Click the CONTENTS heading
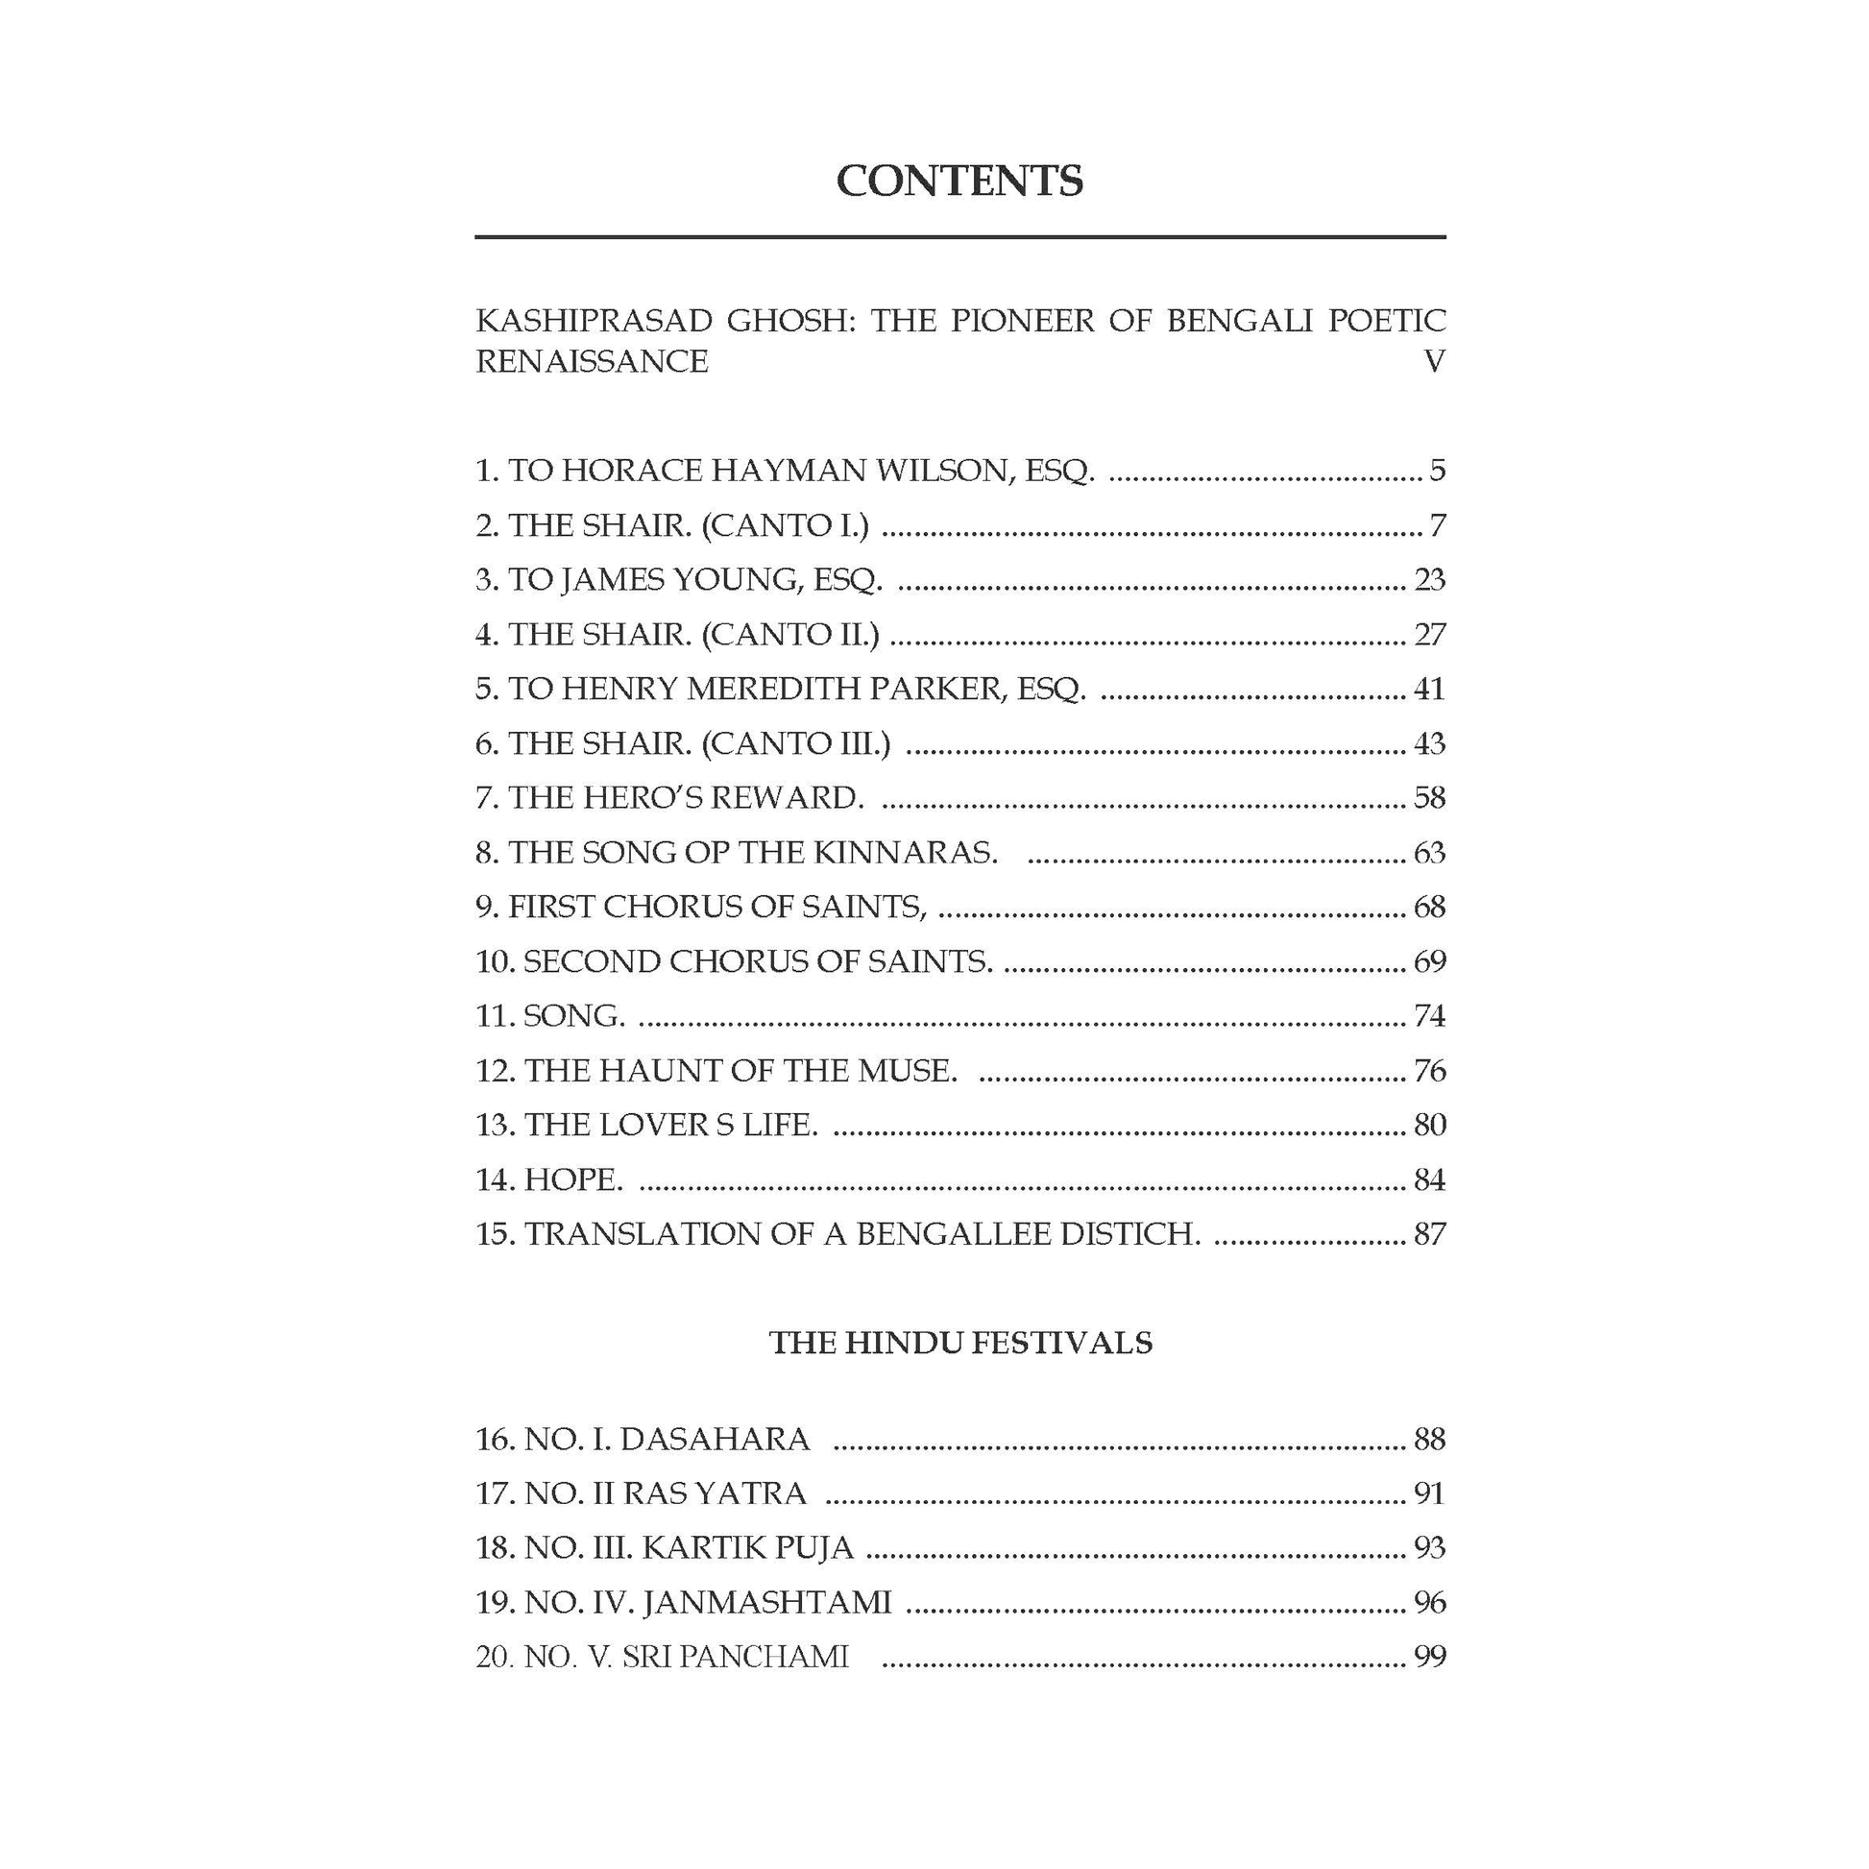click(959, 181)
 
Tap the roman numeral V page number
click(1434, 362)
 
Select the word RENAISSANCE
click(591, 362)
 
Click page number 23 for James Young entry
click(1429, 579)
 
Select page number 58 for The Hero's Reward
click(1429, 798)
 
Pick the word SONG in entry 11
click(572, 1016)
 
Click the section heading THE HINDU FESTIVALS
click(960, 1343)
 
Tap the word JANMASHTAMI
click(766, 1603)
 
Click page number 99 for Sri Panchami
click(1429, 1657)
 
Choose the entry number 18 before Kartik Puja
click(493, 1548)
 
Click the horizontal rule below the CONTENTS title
click(959, 237)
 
